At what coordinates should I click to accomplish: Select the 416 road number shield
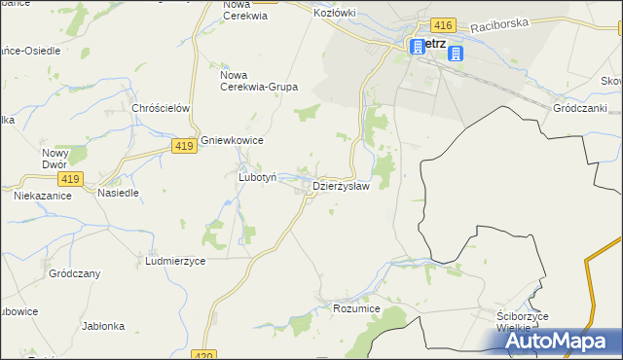tap(443, 24)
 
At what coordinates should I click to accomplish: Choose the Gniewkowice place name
tap(233, 141)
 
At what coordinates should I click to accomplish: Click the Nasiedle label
tap(118, 193)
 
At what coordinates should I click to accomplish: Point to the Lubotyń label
tap(258, 178)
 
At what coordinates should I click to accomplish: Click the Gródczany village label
tap(74, 274)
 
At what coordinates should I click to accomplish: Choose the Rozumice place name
tap(355, 308)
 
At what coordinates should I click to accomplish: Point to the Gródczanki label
tap(578, 108)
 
